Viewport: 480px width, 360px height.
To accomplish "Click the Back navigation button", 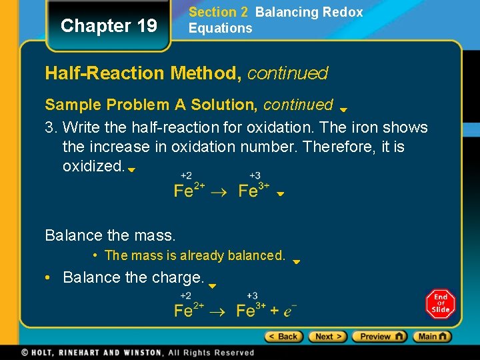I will click(284, 337).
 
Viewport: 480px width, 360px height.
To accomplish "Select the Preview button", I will click(379, 337).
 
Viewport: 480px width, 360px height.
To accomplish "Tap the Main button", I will click(432, 337).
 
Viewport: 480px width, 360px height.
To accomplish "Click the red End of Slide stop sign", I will click(440, 304).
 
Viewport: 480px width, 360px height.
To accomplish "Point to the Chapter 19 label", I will click(109, 26).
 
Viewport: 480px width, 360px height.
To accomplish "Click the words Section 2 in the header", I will click(213, 12).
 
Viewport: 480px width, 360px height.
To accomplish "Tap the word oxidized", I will click(93, 165).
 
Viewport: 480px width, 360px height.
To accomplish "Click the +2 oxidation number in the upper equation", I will click(186, 176).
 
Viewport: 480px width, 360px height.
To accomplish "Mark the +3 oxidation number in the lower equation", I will click(252, 295).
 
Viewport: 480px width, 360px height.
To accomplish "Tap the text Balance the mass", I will click(110, 235).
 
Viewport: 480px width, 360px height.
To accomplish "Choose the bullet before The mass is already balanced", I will click(97, 255).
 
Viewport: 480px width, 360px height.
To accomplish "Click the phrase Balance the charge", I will click(133, 277).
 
